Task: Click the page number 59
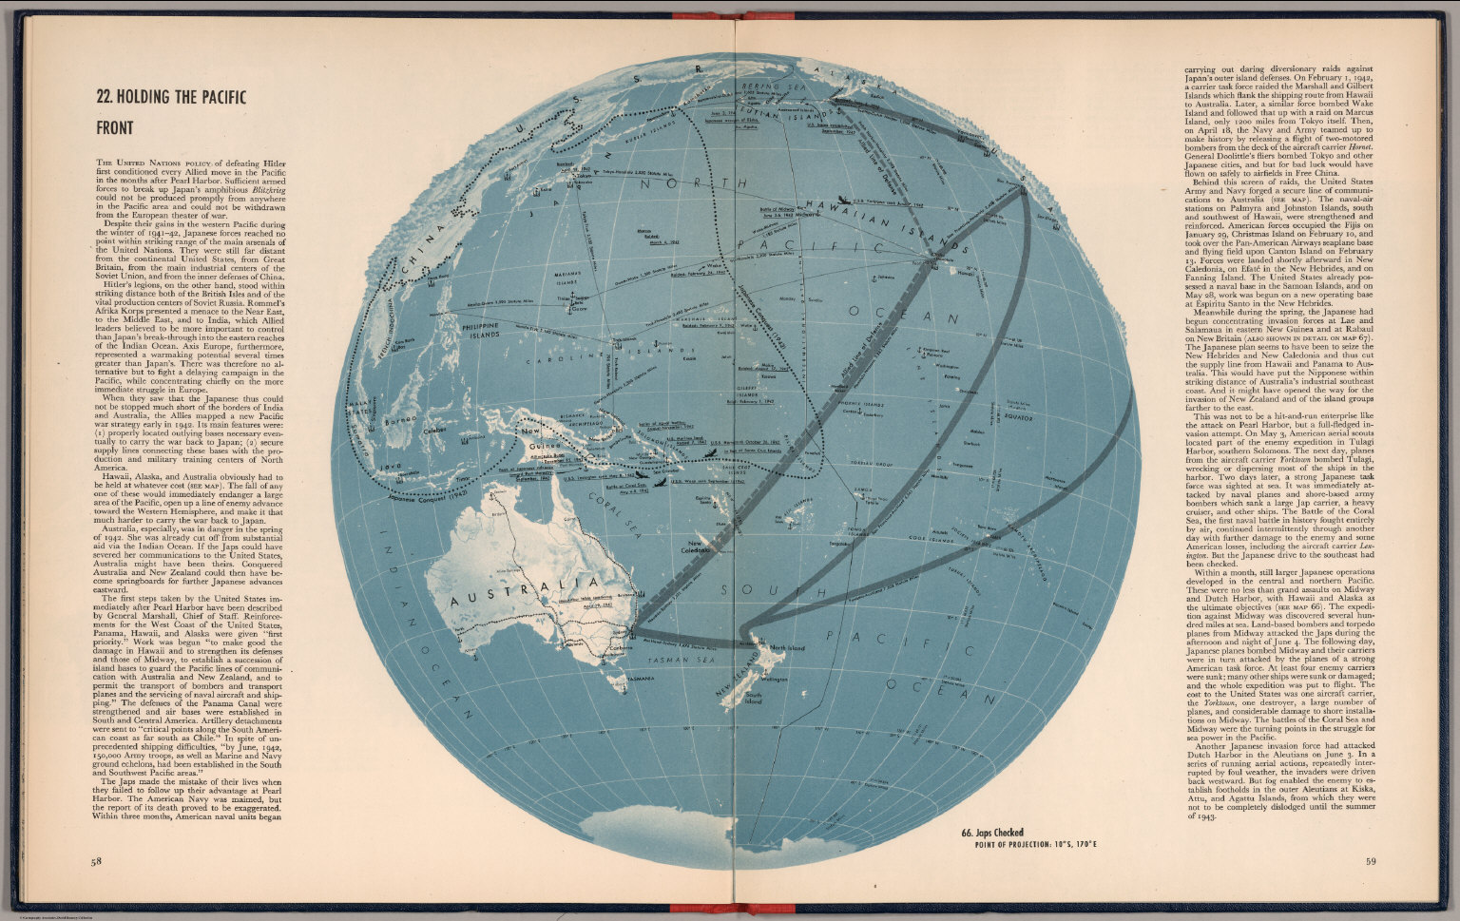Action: click(1370, 862)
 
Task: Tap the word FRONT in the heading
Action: click(114, 127)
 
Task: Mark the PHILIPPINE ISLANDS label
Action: click(480, 330)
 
